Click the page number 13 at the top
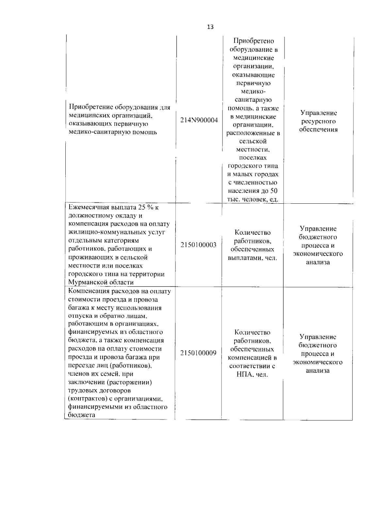tap(210, 27)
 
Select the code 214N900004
tap(199, 120)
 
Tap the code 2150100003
tap(198, 245)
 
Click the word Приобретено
tap(253, 41)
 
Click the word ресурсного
tap(318, 121)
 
